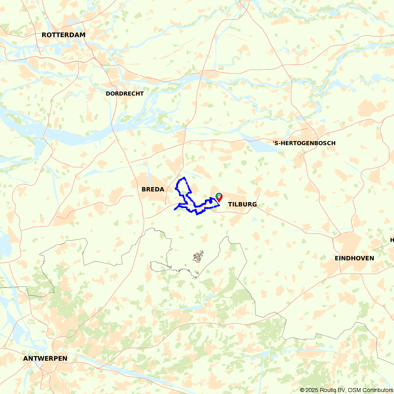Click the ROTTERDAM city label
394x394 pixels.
tap(63, 35)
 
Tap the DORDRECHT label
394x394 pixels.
tap(125, 93)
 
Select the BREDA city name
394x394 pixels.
tap(153, 190)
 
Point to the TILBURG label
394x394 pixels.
tap(242, 204)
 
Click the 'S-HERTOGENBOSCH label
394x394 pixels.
tap(304, 143)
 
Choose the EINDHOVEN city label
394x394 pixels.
tap(354, 258)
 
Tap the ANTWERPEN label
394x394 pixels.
tap(45, 359)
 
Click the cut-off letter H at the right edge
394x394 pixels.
tap(392, 240)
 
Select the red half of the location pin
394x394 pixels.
tap(220, 197)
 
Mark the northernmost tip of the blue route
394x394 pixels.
tap(184, 178)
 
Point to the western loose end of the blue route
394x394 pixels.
tap(175, 209)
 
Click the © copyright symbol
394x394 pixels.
tap(302, 390)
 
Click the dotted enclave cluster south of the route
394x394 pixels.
tap(198, 257)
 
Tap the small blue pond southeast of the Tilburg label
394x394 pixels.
tap(254, 218)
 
